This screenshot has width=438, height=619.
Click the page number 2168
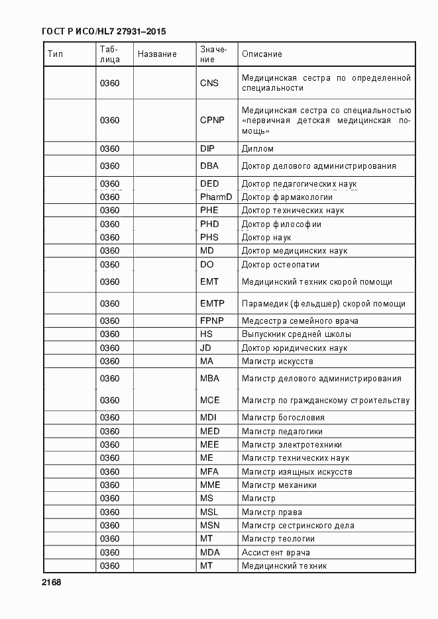(51, 583)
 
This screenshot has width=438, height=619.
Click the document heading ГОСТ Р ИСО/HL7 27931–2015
(103, 31)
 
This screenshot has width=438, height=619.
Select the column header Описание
(262, 54)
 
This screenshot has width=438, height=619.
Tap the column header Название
(157, 54)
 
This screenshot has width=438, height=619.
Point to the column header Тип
(55, 54)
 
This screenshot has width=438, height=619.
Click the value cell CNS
(209, 83)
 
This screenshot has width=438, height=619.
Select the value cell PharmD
(216, 197)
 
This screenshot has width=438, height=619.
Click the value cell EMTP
(212, 304)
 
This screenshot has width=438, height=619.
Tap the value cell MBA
(209, 379)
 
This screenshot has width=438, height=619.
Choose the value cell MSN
(209, 526)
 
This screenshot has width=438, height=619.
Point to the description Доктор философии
(282, 224)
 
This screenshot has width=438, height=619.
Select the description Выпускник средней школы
(296, 334)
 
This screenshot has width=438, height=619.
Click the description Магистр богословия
(283, 418)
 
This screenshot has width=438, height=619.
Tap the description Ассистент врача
(276, 553)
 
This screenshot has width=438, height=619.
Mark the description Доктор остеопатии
(280, 265)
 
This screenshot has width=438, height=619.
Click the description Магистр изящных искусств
(297, 472)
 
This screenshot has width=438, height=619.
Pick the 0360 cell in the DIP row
(109, 149)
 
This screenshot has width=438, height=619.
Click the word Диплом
(258, 149)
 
